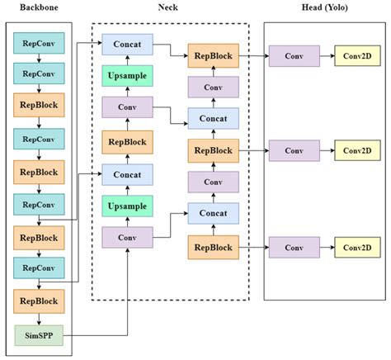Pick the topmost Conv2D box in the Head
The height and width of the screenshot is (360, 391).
click(358, 56)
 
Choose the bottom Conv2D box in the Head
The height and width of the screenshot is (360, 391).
click(358, 246)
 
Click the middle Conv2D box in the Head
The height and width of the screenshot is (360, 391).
click(358, 151)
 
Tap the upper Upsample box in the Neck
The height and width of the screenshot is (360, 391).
click(126, 77)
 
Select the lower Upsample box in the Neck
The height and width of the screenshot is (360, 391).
click(126, 206)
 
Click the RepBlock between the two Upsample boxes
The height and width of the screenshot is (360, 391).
click(126, 141)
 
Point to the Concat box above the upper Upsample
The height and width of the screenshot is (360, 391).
click(126, 45)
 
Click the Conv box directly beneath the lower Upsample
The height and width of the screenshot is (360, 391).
click(126, 238)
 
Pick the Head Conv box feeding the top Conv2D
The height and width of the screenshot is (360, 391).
click(294, 56)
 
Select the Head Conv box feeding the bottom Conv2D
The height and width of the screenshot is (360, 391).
click(294, 246)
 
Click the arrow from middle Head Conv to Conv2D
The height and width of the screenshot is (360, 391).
click(327, 151)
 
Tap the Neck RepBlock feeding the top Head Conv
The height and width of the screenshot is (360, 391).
click(213, 56)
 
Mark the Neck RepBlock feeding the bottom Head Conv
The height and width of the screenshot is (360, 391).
click(213, 246)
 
